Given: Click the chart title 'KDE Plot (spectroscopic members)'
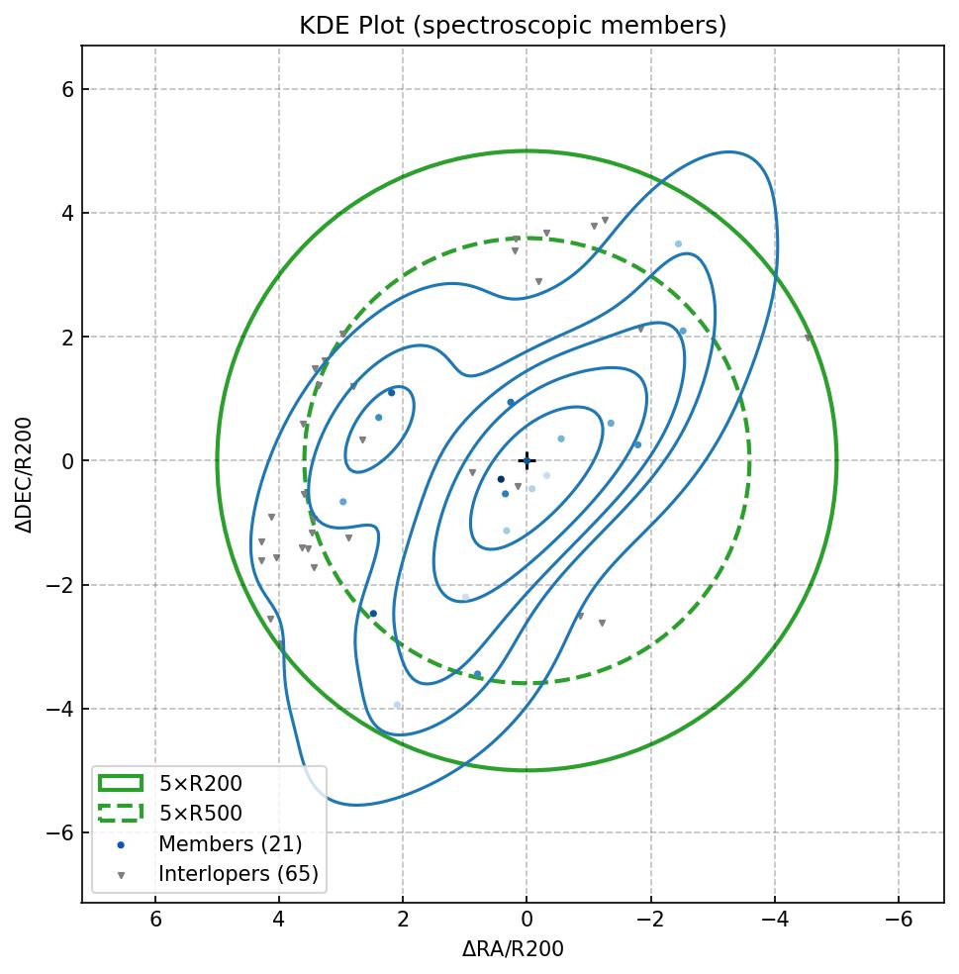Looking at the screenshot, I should click(513, 26).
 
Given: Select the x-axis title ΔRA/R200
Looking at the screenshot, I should click(513, 949).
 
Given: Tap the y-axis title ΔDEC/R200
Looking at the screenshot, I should click(25, 474).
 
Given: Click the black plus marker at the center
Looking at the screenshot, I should click(527, 460).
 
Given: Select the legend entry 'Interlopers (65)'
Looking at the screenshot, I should click(238, 874).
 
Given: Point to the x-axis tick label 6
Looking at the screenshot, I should click(155, 920).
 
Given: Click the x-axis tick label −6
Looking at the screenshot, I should click(898, 920).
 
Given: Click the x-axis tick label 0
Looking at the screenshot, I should click(527, 920).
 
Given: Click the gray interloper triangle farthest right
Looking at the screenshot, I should click(808, 339).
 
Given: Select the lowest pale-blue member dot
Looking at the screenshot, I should click(397, 705).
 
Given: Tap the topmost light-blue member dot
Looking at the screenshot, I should click(678, 243).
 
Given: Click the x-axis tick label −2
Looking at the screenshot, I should click(650, 920).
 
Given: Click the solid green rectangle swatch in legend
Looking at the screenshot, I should click(121, 783).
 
